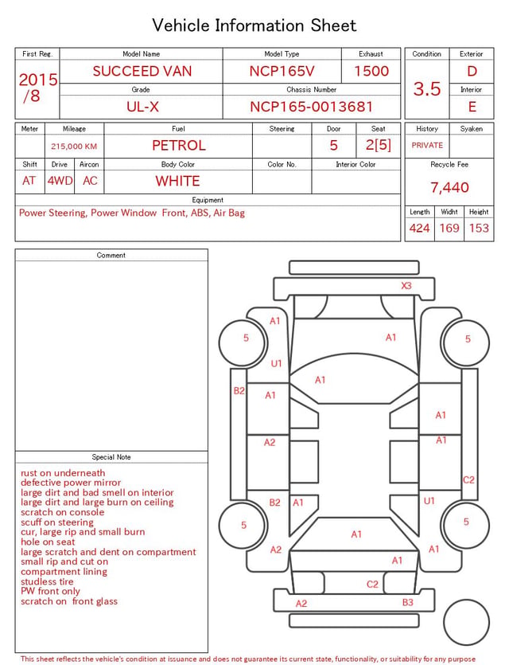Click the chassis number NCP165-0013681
pos(311,107)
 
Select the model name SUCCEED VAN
pos(142,71)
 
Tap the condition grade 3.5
pos(427,88)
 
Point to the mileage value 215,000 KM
pos(74,147)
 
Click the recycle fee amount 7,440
pos(449,187)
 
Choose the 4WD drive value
pos(60,181)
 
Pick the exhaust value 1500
pos(371,71)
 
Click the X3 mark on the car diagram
pos(406,285)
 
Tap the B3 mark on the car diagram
pos(407,602)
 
